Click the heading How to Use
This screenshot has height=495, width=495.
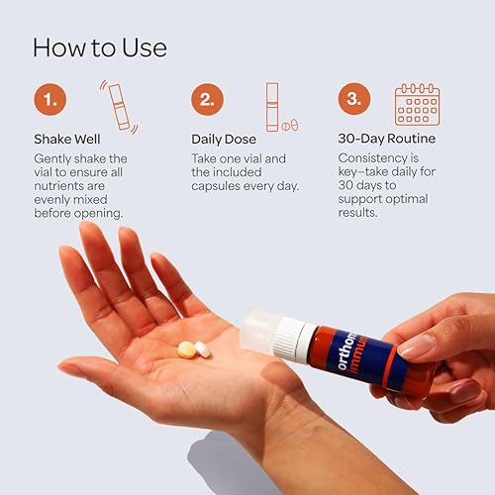click(x=100, y=47)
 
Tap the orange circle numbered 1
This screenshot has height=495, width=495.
click(x=51, y=100)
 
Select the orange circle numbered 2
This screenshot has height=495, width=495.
click(x=207, y=100)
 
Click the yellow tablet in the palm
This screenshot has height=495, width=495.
click(x=186, y=348)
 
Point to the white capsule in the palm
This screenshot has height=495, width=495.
click(x=202, y=348)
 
